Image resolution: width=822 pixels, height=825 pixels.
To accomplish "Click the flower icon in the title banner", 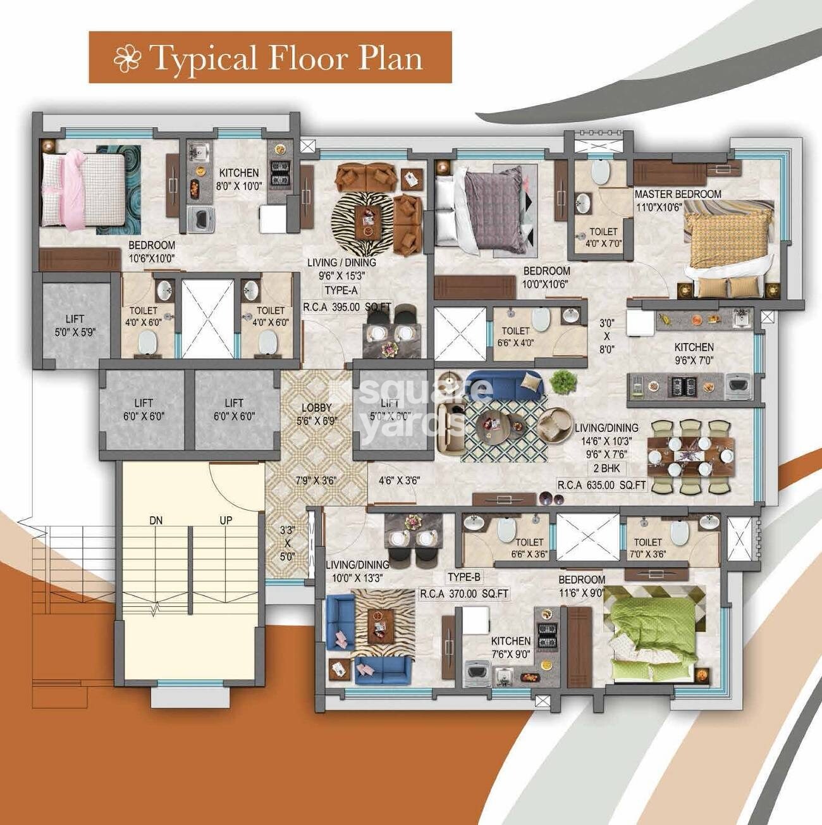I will coord(126,58).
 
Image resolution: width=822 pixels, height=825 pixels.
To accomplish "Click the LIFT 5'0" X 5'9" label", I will coord(75,325).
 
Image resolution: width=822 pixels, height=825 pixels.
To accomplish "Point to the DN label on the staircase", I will coord(156,521).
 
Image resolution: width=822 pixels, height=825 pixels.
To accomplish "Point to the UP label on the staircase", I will coord(225,521).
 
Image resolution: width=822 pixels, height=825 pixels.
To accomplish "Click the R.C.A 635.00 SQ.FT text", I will coord(601,485).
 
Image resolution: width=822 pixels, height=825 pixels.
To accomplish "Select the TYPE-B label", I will coord(464,577).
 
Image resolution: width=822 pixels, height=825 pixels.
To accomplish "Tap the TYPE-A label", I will coord(341,290).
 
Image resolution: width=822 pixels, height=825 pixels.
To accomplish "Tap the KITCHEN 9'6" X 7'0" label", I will coord(694,353).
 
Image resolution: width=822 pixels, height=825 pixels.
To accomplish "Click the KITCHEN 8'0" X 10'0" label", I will coord(238,178).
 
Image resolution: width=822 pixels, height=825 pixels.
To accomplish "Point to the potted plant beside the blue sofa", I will coord(562,381).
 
